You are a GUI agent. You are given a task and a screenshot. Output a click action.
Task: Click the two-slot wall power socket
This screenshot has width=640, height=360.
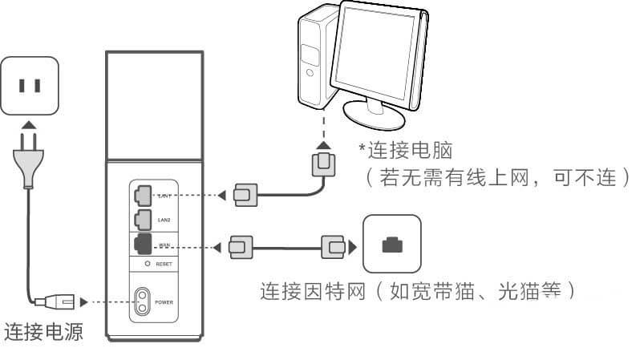coord(30,84)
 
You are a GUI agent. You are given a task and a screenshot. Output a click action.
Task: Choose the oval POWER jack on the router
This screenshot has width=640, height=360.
coord(144,302)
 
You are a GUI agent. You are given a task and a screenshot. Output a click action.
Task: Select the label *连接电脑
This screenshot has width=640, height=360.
coord(397,148)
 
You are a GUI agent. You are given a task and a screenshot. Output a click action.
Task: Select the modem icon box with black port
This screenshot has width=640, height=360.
coord(391,244)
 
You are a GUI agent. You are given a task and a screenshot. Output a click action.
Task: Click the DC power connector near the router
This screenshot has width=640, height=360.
coord(62,302)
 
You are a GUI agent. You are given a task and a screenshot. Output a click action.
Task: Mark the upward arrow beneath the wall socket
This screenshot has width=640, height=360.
coord(30,125)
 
